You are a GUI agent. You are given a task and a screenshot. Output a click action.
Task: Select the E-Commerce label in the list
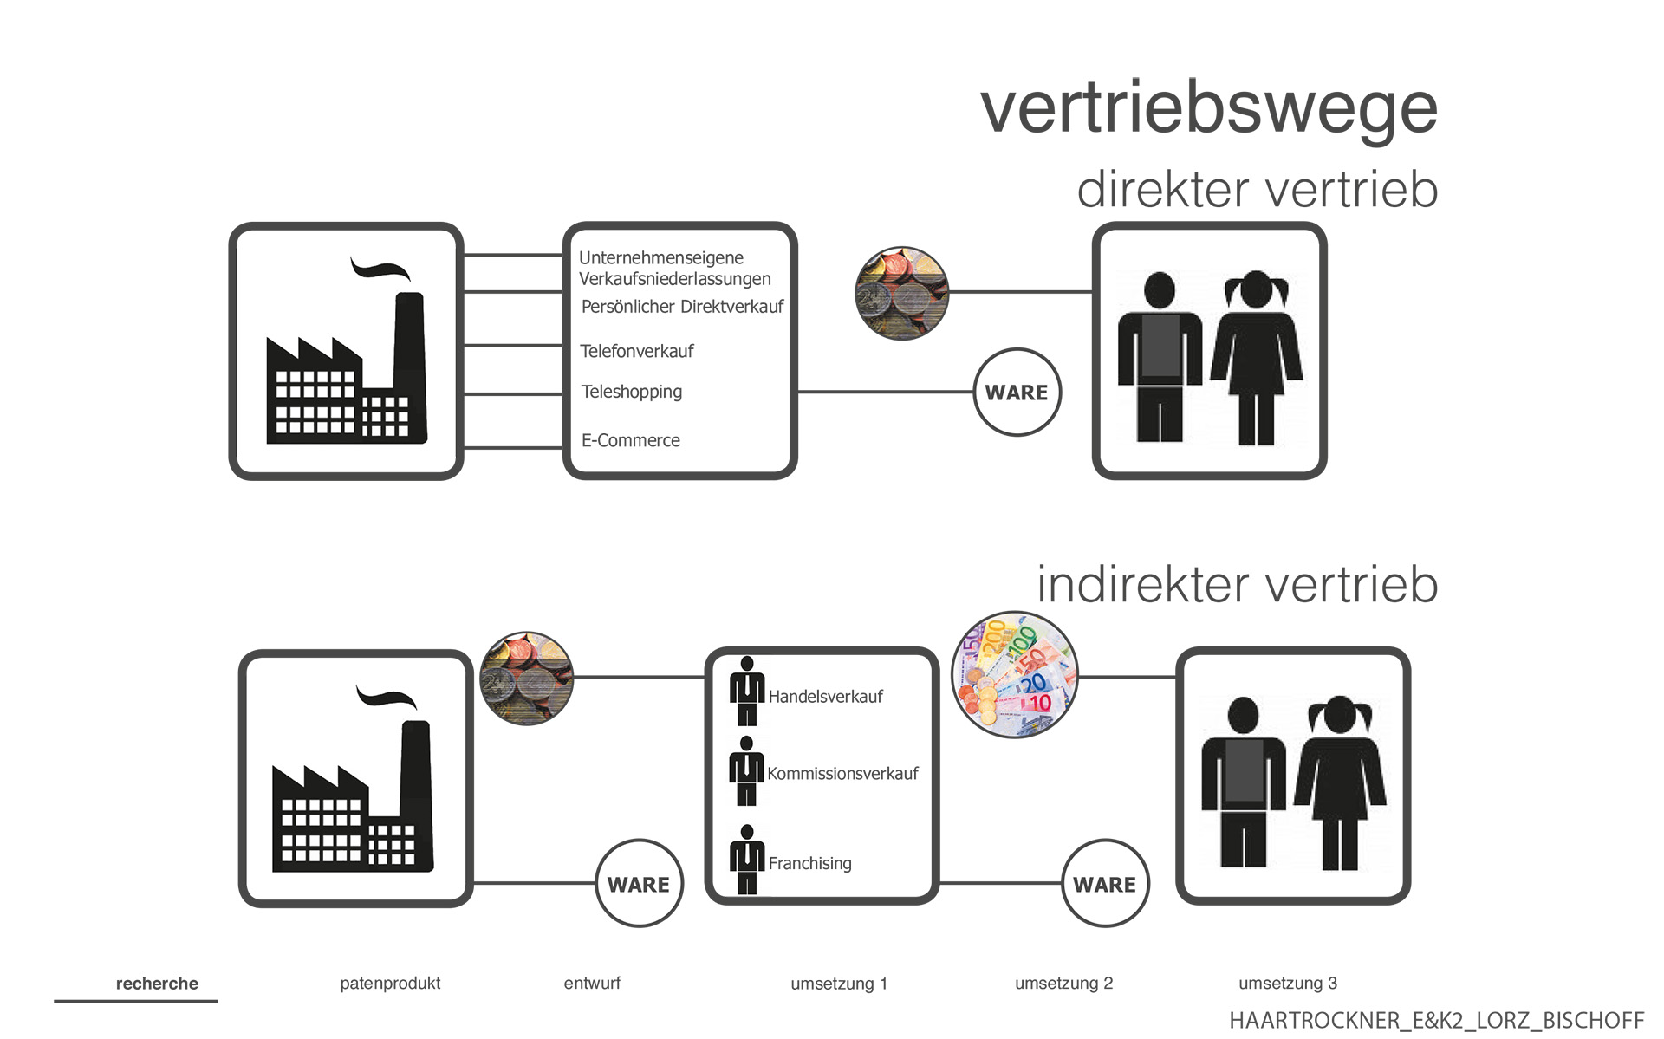(x=630, y=440)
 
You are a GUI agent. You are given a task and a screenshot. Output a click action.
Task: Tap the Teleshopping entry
(x=631, y=392)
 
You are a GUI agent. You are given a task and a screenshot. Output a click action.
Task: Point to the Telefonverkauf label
(x=636, y=351)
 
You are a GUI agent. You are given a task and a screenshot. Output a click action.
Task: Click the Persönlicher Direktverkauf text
(x=682, y=307)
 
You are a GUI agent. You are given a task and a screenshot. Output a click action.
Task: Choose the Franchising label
(x=809, y=863)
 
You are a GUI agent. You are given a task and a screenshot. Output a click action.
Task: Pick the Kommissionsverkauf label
(x=842, y=774)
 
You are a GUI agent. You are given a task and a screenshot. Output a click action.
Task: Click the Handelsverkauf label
(x=825, y=697)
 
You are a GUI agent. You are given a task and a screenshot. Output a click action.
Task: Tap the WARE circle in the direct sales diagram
(x=1017, y=393)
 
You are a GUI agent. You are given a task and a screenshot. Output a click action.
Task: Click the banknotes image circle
(x=1015, y=675)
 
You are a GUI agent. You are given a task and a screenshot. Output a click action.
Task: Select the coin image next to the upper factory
(x=901, y=293)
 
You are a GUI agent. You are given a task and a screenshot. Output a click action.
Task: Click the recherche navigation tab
(x=157, y=984)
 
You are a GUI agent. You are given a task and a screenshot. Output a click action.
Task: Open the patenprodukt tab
(x=390, y=984)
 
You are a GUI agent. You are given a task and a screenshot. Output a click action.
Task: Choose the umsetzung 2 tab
(x=1063, y=984)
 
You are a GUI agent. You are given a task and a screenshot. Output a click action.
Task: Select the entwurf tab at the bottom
(x=592, y=984)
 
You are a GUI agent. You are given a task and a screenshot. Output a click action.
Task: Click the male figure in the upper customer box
(x=1160, y=356)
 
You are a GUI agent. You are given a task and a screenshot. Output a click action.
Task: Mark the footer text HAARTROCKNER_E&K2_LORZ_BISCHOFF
(x=1436, y=1020)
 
